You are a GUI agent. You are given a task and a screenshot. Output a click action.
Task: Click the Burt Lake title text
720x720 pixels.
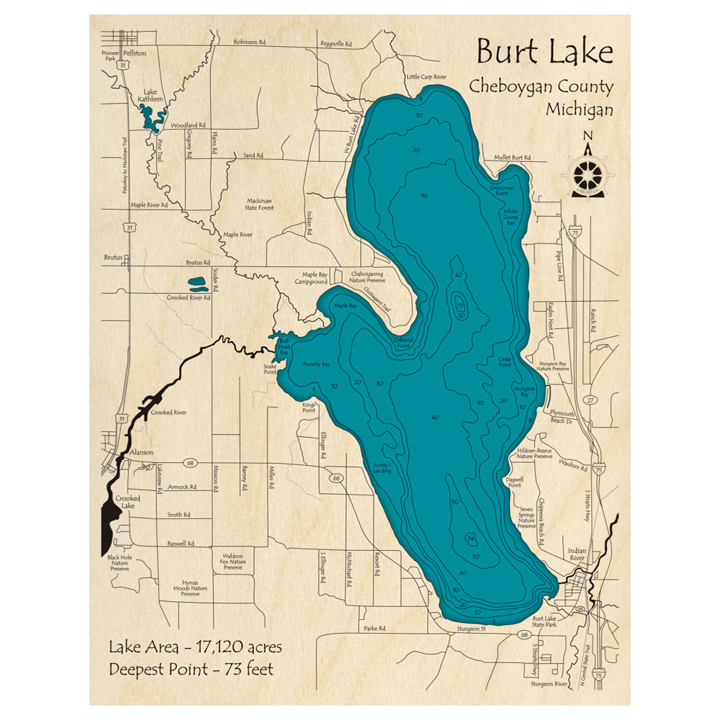(545, 53)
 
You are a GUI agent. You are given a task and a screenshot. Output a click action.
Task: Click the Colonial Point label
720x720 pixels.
(403, 343)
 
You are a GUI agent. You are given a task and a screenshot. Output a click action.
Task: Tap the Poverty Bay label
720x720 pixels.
(316, 364)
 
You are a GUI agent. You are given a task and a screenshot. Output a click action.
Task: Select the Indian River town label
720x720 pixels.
(578, 552)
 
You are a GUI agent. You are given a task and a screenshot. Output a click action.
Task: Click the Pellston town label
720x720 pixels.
(133, 53)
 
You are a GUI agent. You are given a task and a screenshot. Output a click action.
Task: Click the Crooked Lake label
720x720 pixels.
(128, 502)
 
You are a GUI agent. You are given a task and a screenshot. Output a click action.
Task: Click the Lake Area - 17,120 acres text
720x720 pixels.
(195, 647)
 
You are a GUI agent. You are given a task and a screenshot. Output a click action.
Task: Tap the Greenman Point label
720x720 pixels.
(501, 191)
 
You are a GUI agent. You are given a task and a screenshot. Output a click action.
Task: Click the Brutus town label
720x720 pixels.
(114, 257)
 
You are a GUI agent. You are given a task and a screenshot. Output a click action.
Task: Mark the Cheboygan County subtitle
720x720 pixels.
(541, 87)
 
